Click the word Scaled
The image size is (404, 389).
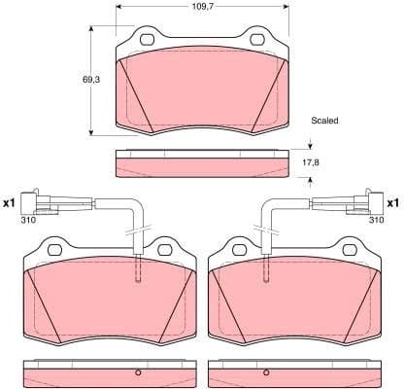(325, 122)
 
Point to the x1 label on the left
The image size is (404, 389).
(11, 204)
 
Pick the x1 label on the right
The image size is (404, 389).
(393, 204)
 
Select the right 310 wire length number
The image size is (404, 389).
(376, 221)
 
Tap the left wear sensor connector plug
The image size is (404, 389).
(45, 204)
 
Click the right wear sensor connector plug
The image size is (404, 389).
(358, 204)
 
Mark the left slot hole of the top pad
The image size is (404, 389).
(149, 41)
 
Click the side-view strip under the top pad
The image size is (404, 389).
(202, 163)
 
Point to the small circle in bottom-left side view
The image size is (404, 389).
(139, 373)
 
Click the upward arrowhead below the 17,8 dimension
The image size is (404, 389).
(310, 178)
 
